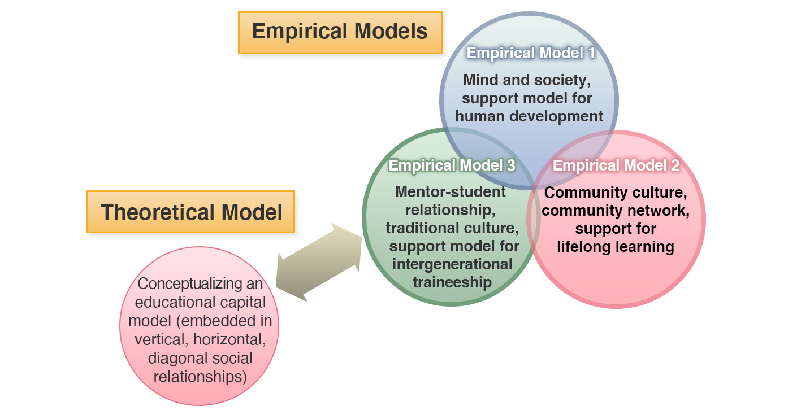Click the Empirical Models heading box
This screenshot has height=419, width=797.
340,32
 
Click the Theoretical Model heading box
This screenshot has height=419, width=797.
191,212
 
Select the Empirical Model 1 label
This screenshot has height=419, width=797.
530,53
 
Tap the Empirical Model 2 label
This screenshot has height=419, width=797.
616,165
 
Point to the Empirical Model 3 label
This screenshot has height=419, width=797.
452,165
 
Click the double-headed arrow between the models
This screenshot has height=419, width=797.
319,262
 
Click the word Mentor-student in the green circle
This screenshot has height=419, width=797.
451,192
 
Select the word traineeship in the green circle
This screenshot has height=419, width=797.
452,282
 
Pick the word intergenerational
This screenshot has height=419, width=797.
452,264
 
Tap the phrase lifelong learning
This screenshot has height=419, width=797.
615,247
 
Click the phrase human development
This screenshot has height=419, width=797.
529,116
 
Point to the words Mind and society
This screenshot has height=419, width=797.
527,80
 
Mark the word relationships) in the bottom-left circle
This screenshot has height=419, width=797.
200,376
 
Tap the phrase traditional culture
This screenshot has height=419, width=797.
452,228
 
